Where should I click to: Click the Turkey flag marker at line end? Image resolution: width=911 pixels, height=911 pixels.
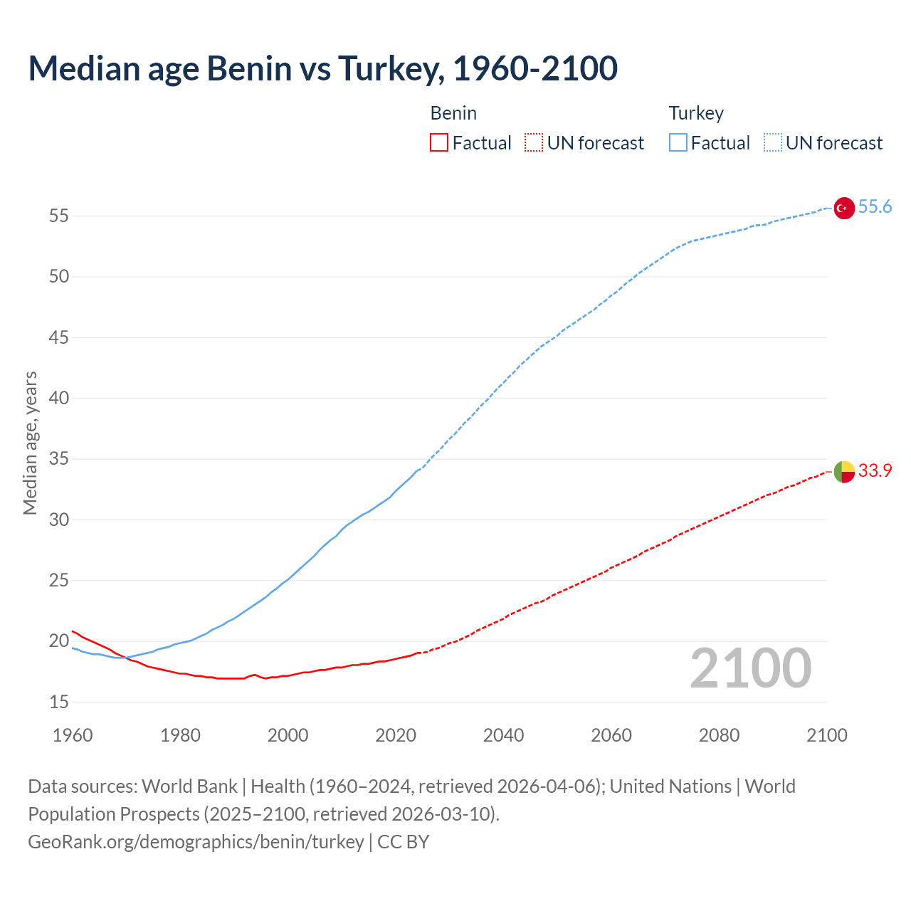pos(843,208)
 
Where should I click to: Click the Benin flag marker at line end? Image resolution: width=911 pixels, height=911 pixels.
pos(843,471)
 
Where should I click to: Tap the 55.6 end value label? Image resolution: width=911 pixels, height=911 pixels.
pos(875,207)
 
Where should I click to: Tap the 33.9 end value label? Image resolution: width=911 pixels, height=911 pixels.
pos(875,471)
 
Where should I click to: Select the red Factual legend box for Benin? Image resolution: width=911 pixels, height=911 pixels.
pos(439,142)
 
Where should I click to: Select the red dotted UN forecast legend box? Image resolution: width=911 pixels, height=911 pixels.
pos(534,142)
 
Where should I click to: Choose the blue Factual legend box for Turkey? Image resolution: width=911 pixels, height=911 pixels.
pos(678,142)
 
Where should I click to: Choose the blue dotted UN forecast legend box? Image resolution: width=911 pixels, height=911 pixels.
pos(772,142)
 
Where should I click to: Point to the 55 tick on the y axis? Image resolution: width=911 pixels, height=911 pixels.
pos(59,216)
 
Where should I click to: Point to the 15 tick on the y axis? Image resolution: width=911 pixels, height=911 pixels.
pos(59,702)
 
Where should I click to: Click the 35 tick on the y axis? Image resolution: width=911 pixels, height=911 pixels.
pos(59,459)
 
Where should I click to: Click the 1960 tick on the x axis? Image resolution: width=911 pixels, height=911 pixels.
pos(73,735)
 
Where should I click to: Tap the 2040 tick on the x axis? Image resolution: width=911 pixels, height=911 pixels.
pos(503,735)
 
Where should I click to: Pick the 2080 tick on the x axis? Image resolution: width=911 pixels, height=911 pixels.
pos(719,735)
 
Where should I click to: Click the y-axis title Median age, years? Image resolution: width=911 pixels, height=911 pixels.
pos(30,443)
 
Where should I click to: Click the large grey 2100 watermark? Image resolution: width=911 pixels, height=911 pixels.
pos(750,668)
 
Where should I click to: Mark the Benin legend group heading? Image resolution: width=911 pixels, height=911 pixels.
pos(453,113)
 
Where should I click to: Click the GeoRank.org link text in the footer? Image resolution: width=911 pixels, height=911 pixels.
pos(196,842)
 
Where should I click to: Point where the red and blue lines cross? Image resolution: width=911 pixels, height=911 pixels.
pos(126,658)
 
